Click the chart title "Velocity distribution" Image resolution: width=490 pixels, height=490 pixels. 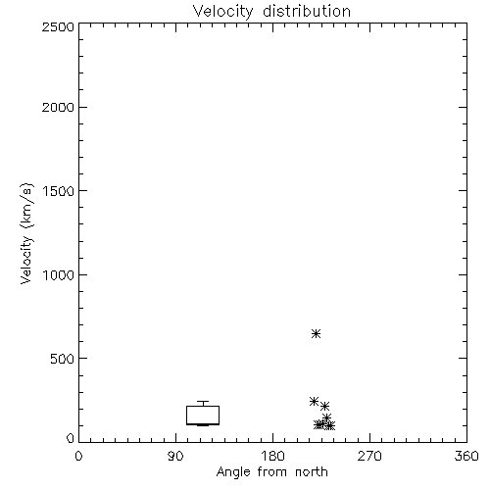coord(271,11)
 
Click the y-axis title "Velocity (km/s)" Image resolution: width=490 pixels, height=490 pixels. coord(26,233)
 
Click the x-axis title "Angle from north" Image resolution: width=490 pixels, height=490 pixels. coord(271,472)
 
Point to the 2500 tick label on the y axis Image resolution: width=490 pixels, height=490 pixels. coord(58,26)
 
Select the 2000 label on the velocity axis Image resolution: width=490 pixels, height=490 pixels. coord(58,107)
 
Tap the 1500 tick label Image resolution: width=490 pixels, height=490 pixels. coord(59,191)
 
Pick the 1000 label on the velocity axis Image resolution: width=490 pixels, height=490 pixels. coord(59,274)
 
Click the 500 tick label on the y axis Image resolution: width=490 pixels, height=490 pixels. coord(63,359)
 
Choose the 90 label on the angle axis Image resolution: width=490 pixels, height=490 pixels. coord(175,456)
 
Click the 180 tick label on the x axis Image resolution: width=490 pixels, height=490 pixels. coord(272,456)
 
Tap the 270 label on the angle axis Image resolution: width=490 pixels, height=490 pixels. coord(369,456)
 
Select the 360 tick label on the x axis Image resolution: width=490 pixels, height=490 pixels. coord(466,456)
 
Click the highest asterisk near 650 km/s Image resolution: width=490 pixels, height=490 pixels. coord(316,333)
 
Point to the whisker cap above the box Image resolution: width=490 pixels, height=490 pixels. coord(203,402)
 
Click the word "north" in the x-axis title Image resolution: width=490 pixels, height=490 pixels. coord(312,472)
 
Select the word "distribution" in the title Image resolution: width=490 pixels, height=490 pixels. coord(307,11)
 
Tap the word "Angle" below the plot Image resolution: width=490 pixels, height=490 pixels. coord(233,473)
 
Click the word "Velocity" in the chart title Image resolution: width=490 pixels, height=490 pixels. coord(223,12)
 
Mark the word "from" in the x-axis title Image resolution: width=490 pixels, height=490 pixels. coord(273,472)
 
